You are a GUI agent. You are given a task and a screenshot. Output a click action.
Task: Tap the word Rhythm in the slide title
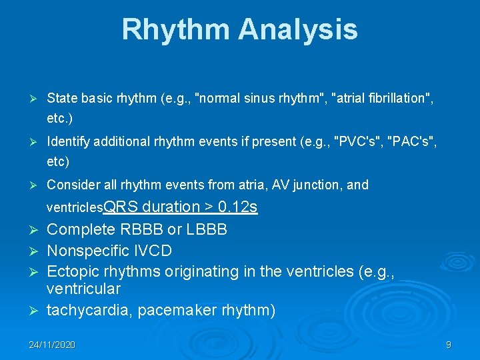tap(175, 30)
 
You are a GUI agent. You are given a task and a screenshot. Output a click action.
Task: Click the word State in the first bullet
tap(61, 99)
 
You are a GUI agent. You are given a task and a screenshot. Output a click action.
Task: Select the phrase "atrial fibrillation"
tap(381, 99)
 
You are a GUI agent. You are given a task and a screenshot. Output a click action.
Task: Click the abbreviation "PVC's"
tap(353, 141)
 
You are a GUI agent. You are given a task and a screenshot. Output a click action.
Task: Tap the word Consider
tap(72, 185)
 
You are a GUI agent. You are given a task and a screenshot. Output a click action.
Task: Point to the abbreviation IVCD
tap(153, 251)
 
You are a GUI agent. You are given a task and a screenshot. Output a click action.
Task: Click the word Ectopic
tap(71, 272)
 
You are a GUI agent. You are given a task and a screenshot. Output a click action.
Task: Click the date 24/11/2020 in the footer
tap(52, 345)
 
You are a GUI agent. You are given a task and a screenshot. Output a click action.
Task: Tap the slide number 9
tap(449, 345)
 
